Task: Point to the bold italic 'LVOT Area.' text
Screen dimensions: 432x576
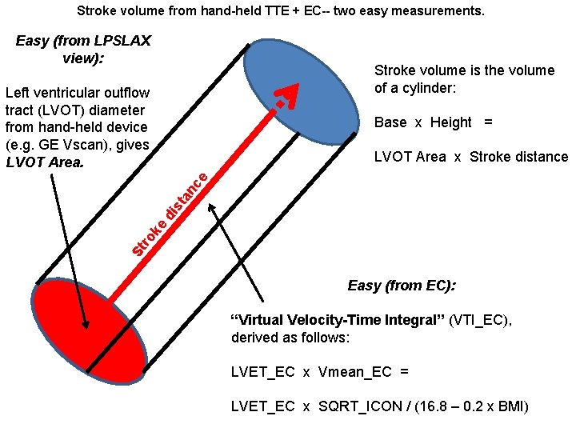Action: coord(44,162)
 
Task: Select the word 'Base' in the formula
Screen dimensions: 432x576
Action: coord(390,122)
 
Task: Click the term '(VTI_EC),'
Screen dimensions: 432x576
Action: coord(481,320)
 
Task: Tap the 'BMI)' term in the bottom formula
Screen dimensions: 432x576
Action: coord(512,406)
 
